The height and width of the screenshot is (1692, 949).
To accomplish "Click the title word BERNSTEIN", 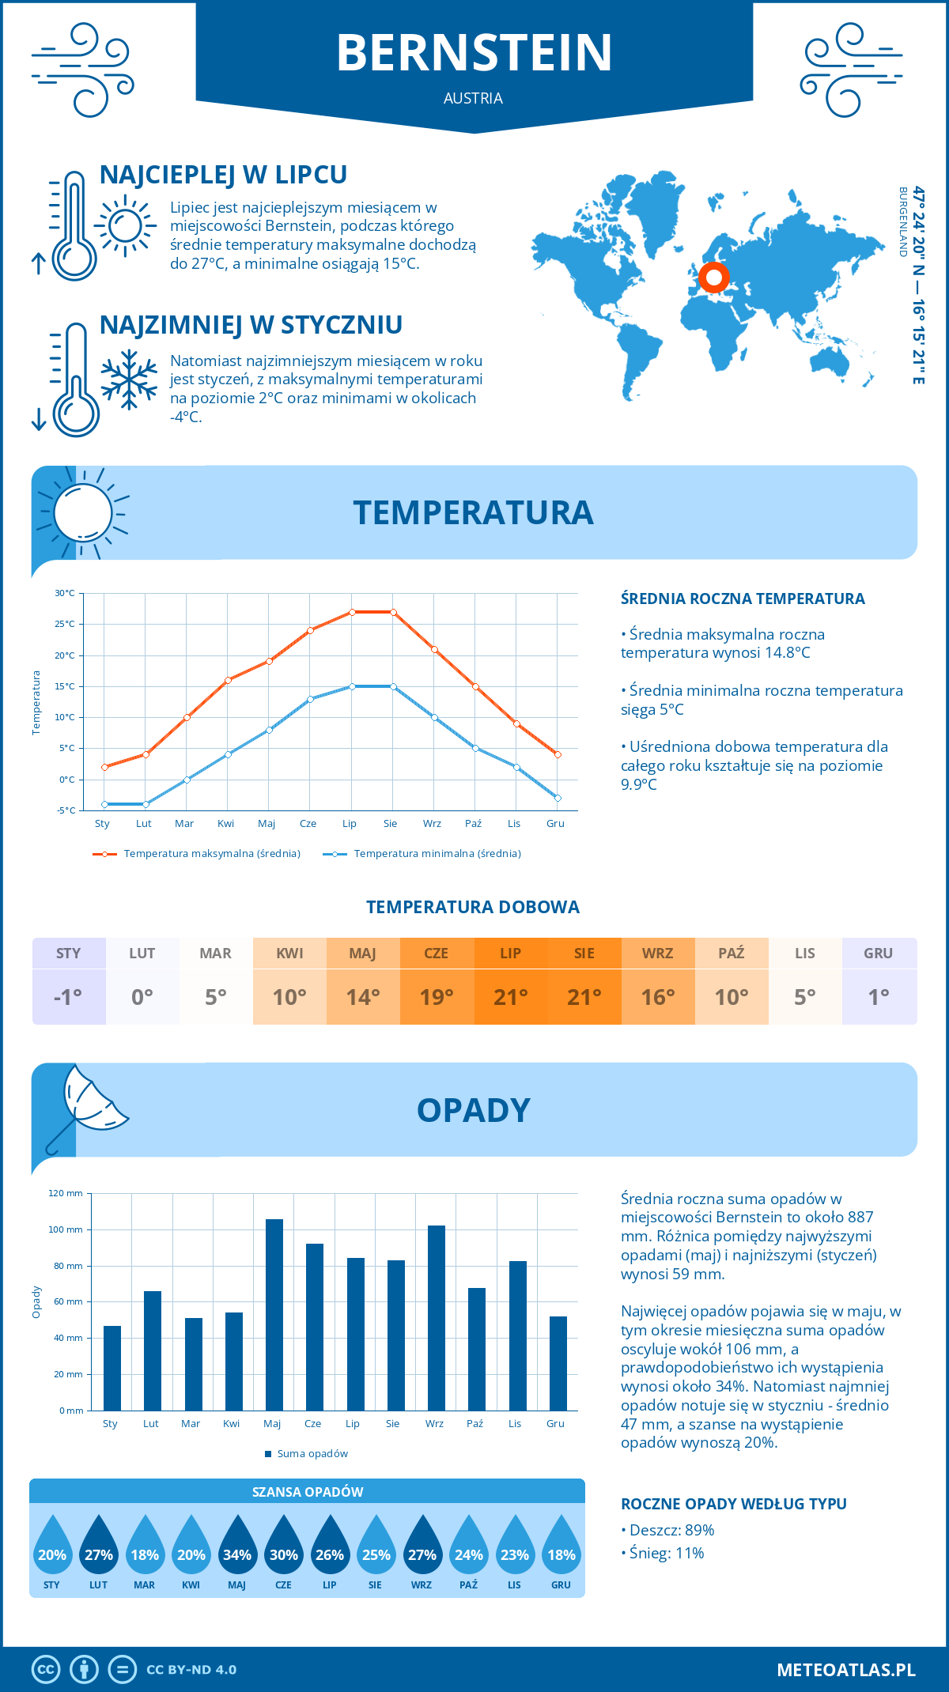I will click(475, 53).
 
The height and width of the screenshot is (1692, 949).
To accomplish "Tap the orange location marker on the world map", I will click(714, 278).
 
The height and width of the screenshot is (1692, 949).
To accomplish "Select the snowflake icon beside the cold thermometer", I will click(129, 380).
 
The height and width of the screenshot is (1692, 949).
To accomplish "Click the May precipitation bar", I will click(274, 1314).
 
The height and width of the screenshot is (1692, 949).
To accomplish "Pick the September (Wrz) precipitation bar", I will click(437, 1317).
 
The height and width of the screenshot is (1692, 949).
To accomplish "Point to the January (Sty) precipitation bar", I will click(112, 1368).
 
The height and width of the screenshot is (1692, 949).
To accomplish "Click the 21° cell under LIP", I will click(511, 997).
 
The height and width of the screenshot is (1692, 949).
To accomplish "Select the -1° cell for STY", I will click(69, 997).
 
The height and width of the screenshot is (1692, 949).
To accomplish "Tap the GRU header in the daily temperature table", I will click(879, 953).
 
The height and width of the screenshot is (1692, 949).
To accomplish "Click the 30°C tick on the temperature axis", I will click(65, 593).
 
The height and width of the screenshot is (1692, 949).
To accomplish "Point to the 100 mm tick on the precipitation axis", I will click(66, 1229).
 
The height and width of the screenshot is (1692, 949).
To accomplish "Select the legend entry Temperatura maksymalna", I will click(197, 854).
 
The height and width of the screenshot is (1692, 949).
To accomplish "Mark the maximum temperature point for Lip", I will click(352, 612).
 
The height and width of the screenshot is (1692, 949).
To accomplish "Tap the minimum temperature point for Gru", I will click(558, 799).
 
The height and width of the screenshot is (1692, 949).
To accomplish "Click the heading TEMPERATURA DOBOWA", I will click(473, 907).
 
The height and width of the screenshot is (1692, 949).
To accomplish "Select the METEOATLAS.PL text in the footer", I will click(845, 1669).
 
